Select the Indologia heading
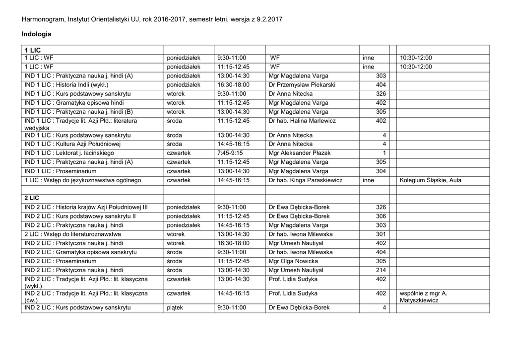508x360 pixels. point(37,34)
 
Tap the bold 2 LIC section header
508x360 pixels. point(32,198)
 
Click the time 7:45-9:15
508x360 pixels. point(230,153)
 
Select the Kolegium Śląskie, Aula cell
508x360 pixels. point(430,180)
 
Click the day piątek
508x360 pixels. point(175,308)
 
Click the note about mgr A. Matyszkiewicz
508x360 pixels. point(423,297)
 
